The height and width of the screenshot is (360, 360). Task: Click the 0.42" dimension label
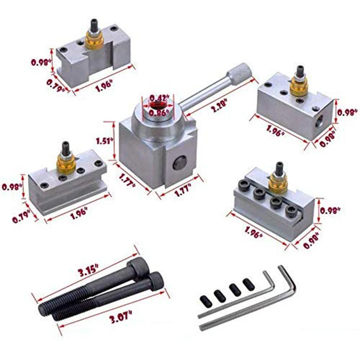(157, 98)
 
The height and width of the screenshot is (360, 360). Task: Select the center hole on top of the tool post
(157, 105)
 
